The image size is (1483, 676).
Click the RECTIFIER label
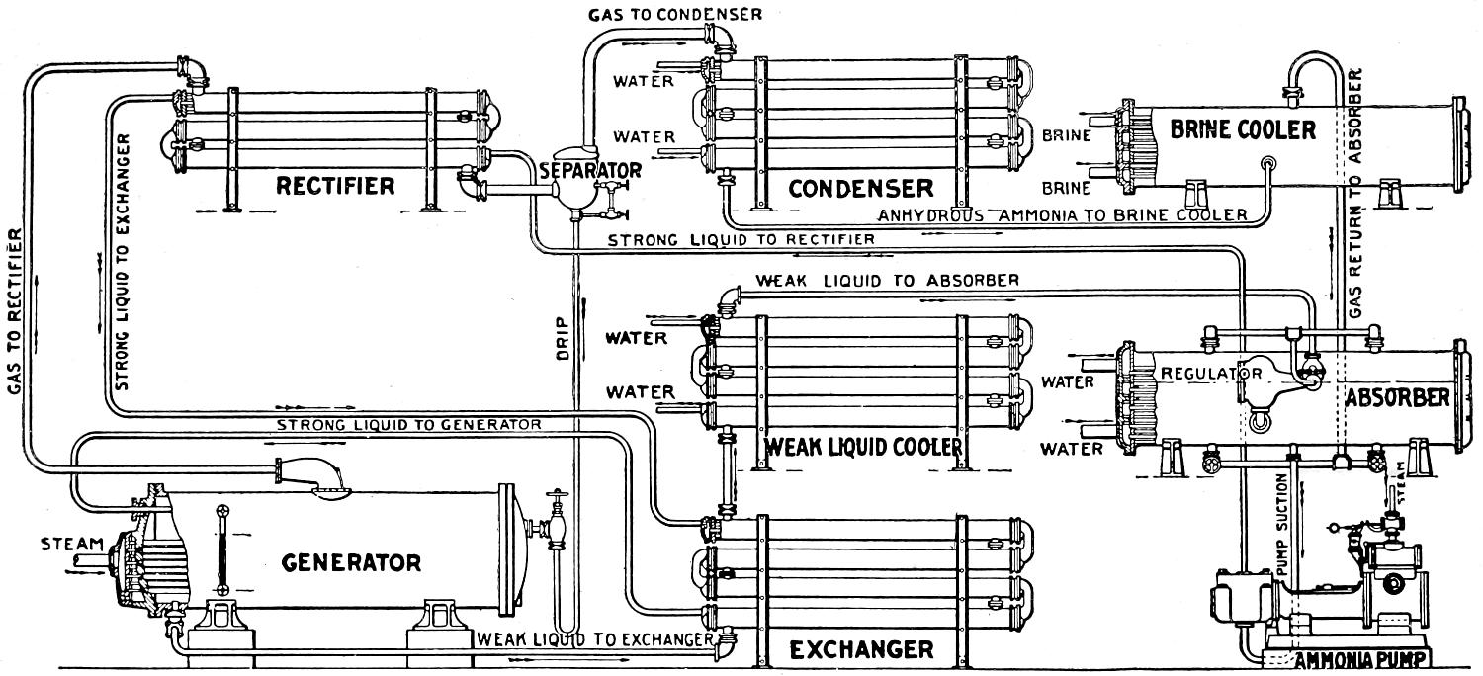pyautogui.click(x=334, y=186)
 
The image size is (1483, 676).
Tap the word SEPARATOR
pyautogui.click(x=589, y=170)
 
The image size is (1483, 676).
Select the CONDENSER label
pyautogui.click(x=860, y=188)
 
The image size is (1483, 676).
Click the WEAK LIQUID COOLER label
pyautogui.click(x=862, y=448)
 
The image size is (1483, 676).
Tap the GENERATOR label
pyautogui.click(x=351, y=563)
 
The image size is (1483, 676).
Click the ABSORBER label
pyautogui.click(x=1397, y=398)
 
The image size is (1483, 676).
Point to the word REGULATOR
pyautogui.click(x=1211, y=374)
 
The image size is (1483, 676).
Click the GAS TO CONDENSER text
pyautogui.click(x=674, y=14)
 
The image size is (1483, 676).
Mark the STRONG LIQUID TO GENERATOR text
pyautogui.click(x=408, y=424)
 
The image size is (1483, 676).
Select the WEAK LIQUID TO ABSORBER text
pyautogui.click(x=887, y=280)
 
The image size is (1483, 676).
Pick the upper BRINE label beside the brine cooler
pyautogui.click(x=1066, y=136)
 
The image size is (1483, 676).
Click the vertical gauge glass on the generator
pyautogui.click(x=223, y=549)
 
